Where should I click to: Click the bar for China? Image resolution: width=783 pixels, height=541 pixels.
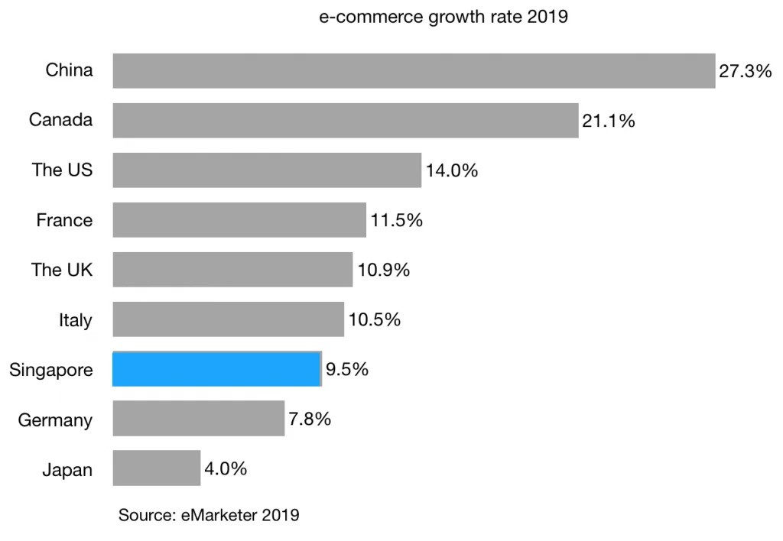click(x=414, y=71)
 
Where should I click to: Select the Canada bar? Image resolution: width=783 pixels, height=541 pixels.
click(x=346, y=121)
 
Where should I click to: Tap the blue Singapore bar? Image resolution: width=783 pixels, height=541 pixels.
click(x=216, y=369)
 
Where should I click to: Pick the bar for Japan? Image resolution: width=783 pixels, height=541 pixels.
click(x=157, y=468)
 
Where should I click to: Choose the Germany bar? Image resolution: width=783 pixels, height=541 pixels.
click(x=199, y=419)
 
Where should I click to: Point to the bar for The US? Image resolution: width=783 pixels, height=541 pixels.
click(x=267, y=170)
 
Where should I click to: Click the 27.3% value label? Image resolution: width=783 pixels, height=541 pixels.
click(x=745, y=72)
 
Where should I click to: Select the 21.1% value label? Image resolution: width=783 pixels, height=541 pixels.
click(x=608, y=121)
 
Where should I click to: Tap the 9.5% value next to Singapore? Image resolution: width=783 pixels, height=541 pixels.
click(x=347, y=370)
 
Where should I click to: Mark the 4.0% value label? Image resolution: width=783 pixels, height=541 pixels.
click(x=226, y=468)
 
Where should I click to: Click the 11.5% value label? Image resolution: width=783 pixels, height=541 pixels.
click(x=396, y=220)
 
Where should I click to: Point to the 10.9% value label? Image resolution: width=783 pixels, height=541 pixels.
click(x=383, y=270)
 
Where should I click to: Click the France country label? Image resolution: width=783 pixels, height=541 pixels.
click(x=64, y=221)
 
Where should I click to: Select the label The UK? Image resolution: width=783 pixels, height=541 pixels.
click(x=62, y=270)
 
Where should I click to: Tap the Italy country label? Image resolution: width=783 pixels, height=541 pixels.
click(x=76, y=320)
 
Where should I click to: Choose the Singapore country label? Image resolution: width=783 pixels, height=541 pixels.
click(x=51, y=371)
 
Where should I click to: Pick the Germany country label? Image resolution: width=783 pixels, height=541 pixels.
click(x=55, y=420)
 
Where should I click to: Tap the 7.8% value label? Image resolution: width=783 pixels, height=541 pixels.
click(x=310, y=419)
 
